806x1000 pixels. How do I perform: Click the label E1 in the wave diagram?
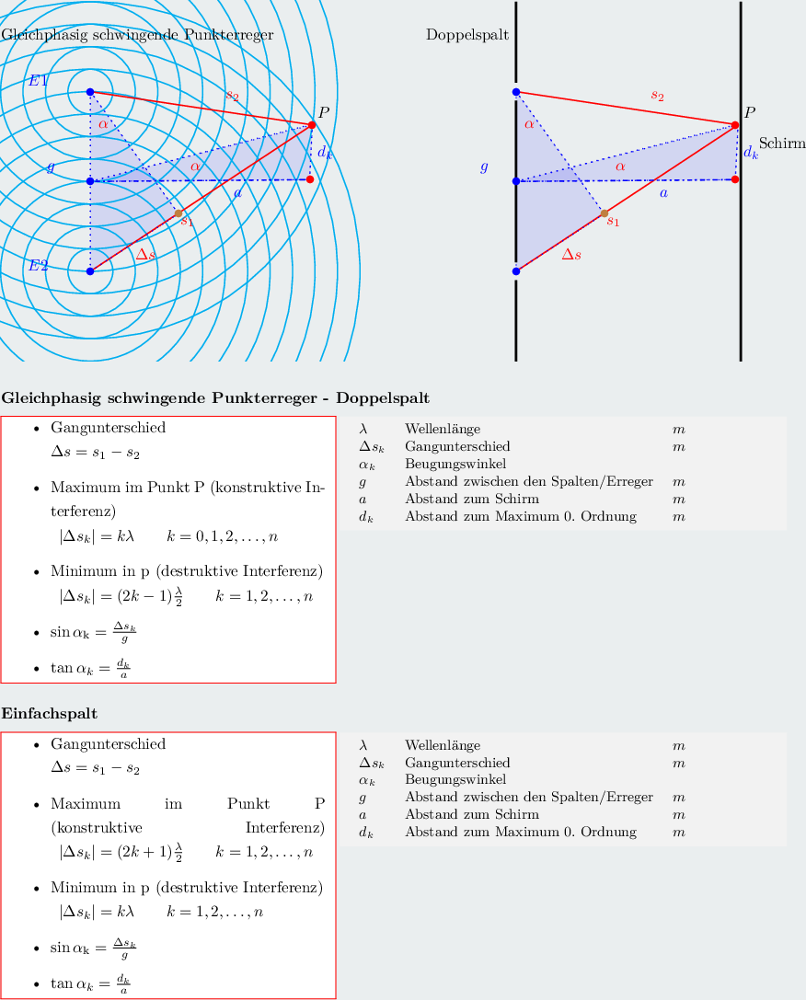tap(38, 81)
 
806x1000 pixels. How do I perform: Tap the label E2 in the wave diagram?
tap(38, 266)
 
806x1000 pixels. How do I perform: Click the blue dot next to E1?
tap(90, 92)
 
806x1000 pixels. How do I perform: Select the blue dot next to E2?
tap(90, 271)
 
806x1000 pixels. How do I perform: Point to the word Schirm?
tap(782, 144)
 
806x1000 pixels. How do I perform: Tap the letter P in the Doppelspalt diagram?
tap(750, 113)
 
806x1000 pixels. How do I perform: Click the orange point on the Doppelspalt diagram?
tap(604, 213)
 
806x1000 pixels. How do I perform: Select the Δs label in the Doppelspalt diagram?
tap(571, 254)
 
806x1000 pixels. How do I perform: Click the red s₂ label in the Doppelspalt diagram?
tap(657, 95)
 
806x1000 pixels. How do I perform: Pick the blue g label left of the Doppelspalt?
tap(484, 167)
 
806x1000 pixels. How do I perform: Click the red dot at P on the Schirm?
tap(736, 125)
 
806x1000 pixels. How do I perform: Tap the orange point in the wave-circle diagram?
tap(178, 213)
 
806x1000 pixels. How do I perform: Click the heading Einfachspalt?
tap(51, 714)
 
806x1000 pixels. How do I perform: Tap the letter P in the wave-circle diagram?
tap(324, 113)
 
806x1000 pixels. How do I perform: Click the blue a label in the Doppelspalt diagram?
tap(664, 193)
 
